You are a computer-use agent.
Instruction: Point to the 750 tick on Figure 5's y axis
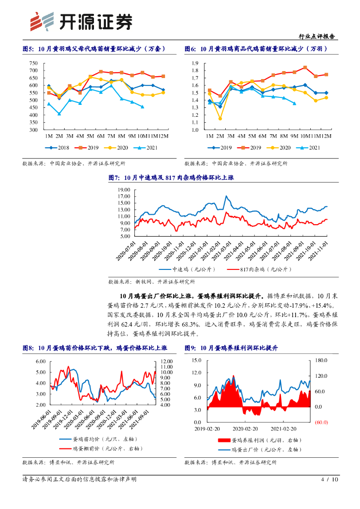[34, 63]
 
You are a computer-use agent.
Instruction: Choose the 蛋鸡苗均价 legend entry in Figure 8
[90, 440]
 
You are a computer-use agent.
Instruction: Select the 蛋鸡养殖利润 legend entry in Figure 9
[253, 440]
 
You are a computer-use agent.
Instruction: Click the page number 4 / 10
[330, 480]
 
